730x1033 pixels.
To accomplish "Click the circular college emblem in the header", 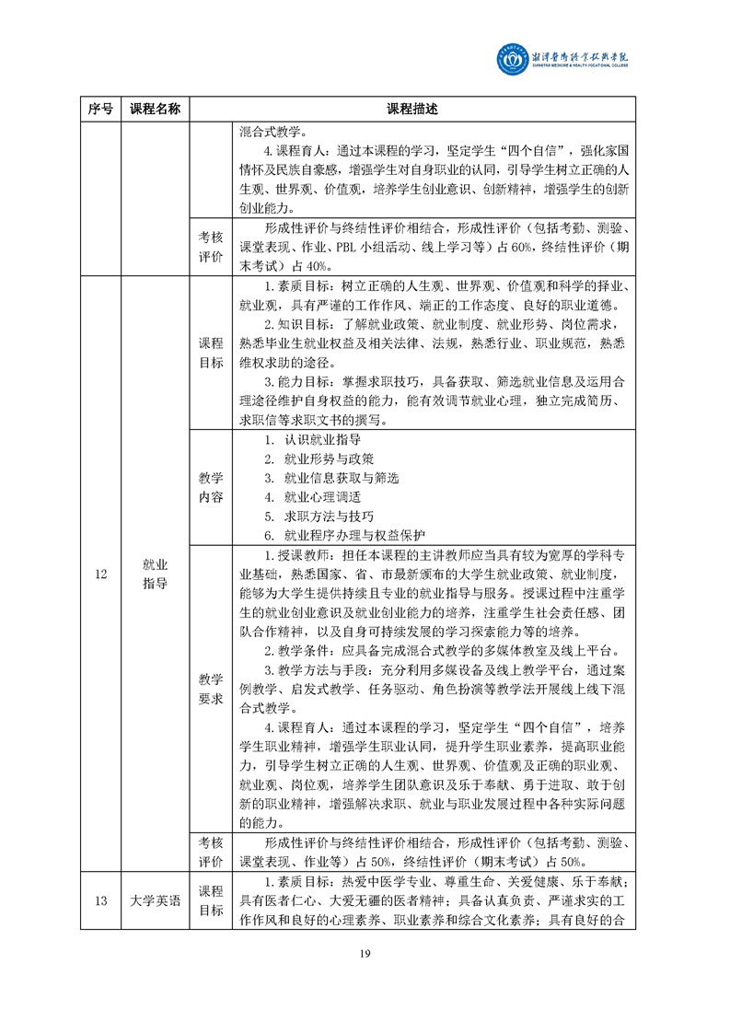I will tap(511, 61).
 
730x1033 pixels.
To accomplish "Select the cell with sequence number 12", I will tap(100, 574).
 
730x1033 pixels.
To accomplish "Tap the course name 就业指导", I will tap(155, 574).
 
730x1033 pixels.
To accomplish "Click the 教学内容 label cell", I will tap(211, 488).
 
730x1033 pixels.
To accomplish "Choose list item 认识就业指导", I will tap(321, 440).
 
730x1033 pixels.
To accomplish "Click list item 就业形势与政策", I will tap(328, 458).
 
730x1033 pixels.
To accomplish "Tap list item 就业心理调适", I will tap(321, 497).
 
